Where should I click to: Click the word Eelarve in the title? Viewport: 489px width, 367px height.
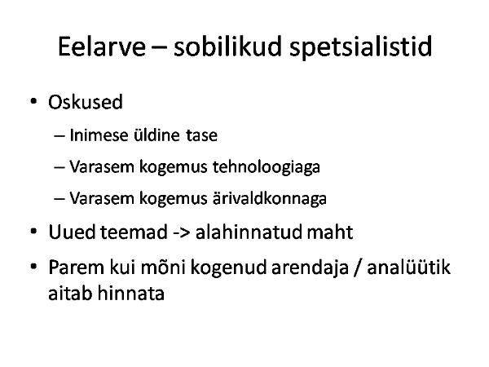click(102, 46)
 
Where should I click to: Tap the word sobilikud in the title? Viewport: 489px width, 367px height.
click(227, 46)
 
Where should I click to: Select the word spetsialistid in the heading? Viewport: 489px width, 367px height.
click(361, 47)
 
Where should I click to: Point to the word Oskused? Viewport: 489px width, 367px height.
click(86, 102)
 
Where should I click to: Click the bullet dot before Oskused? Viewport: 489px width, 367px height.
click(33, 101)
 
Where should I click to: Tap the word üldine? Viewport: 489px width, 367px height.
click(156, 135)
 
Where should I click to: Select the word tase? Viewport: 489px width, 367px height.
click(201, 135)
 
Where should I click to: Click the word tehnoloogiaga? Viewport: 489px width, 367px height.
click(267, 167)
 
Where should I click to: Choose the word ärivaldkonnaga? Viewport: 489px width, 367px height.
click(270, 198)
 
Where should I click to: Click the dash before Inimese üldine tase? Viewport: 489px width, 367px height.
click(59, 136)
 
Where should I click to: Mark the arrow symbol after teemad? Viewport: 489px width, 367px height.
click(181, 232)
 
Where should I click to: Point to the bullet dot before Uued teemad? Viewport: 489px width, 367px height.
click(33, 232)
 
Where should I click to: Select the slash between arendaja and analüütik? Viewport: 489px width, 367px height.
click(358, 268)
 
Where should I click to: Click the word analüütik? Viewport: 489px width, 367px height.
click(409, 268)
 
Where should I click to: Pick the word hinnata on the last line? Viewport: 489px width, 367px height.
click(130, 293)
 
